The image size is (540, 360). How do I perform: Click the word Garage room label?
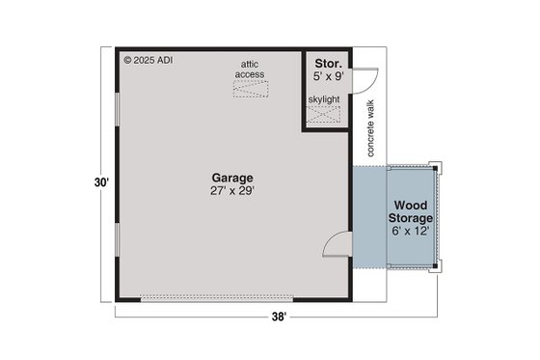point(233,178)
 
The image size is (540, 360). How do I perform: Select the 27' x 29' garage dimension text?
point(233,191)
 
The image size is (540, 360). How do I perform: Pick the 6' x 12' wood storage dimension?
point(412,232)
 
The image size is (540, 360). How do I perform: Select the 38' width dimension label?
point(279,317)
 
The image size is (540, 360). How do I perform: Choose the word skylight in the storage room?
point(324,98)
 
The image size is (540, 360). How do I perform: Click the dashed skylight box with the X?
point(325,116)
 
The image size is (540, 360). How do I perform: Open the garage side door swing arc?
point(336,247)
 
